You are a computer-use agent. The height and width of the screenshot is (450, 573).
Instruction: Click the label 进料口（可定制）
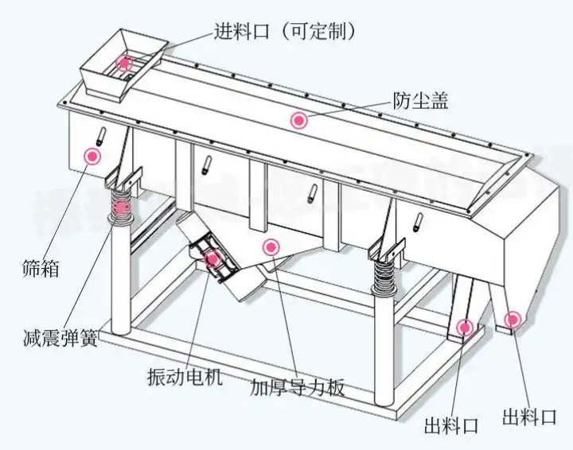pyautogui.click(x=283, y=31)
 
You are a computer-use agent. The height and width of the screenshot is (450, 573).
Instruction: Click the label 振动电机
pyautogui.click(x=185, y=374)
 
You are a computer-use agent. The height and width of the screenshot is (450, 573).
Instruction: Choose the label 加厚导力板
pyautogui.click(x=297, y=388)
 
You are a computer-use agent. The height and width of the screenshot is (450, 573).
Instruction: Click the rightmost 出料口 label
pyautogui.click(x=529, y=415)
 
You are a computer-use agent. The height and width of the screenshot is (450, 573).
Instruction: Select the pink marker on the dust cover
pyautogui.click(x=298, y=120)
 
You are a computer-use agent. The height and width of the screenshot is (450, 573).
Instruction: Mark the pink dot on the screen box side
pyautogui.click(x=93, y=156)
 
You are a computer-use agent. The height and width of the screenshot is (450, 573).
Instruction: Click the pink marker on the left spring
pyautogui.click(x=121, y=208)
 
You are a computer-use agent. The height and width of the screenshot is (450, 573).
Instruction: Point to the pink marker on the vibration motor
pyautogui.click(x=213, y=258)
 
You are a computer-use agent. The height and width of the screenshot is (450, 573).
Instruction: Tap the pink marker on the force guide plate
pyautogui.click(x=271, y=246)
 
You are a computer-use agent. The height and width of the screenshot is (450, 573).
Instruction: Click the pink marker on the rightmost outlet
pyautogui.click(x=513, y=320)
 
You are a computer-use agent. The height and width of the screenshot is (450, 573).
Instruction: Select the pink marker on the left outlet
pyautogui.click(x=465, y=326)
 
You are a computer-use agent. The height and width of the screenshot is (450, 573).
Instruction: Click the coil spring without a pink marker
pyautogui.click(x=385, y=275)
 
